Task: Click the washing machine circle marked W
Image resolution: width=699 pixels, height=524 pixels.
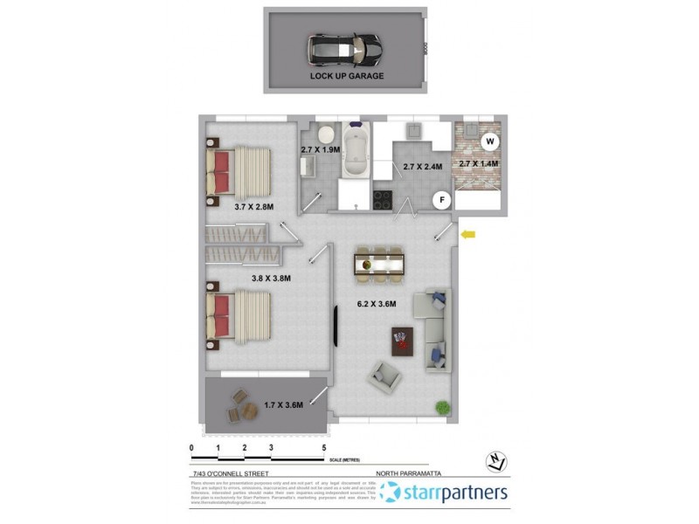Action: tap(490, 141)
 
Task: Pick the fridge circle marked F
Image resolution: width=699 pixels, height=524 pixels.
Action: tap(443, 200)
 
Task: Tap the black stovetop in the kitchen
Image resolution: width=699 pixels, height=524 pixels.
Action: tap(384, 200)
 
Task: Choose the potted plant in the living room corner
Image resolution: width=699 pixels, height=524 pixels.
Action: tap(443, 406)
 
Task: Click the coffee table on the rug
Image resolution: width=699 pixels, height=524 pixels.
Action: tap(403, 337)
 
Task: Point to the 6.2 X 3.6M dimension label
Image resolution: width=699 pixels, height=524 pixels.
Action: tap(377, 305)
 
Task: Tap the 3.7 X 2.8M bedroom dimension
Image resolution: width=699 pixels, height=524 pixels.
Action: tap(254, 207)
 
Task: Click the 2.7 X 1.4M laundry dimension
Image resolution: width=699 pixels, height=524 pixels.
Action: tap(478, 163)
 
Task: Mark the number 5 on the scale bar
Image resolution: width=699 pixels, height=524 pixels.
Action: tap(324, 447)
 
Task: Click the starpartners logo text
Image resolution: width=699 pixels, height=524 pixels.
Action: tap(455, 493)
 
